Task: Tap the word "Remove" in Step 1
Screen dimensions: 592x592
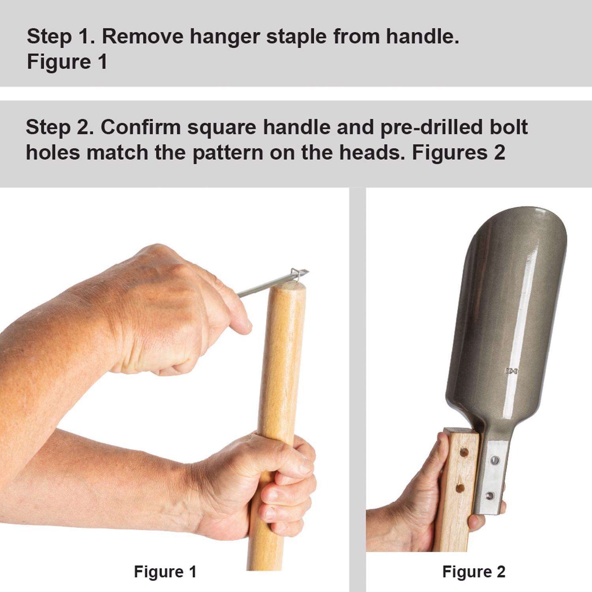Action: point(142,37)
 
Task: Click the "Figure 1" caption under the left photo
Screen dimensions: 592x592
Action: point(165,572)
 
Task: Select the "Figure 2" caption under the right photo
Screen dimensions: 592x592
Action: point(474,572)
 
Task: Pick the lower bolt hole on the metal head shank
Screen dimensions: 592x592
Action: point(490,495)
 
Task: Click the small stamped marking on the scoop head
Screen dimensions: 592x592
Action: point(511,371)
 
